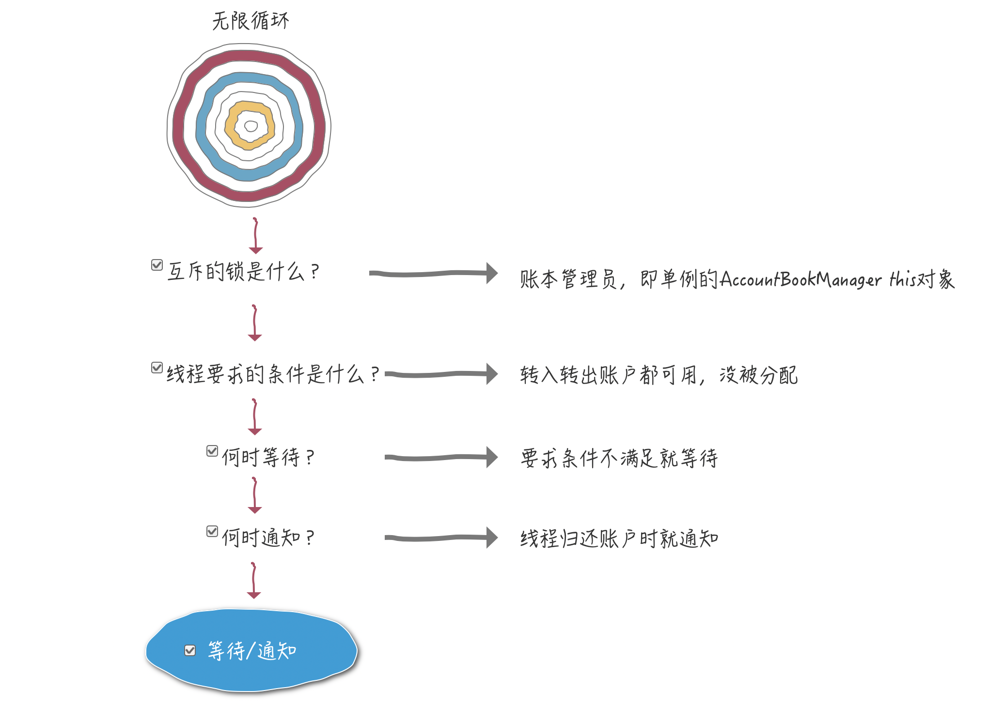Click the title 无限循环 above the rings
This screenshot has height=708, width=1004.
click(251, 21)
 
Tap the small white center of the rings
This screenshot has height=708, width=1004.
click(251, 126)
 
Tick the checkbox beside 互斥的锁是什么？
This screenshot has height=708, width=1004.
click(157, 265)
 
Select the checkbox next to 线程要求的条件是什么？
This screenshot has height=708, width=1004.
click(157, 368)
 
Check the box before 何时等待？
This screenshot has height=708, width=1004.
click(212, 451)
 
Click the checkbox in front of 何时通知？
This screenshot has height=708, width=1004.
click(212, 531)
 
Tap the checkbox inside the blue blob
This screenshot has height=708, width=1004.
click(190, 650)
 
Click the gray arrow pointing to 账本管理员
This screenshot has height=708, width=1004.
click(433, 273)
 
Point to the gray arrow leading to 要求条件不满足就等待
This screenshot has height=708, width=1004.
click(441, 457)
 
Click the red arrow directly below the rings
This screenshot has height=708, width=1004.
click(255, 236)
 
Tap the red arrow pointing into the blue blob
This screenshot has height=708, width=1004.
click(253, 580)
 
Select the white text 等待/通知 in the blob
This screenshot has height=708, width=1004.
click(252, 651)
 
